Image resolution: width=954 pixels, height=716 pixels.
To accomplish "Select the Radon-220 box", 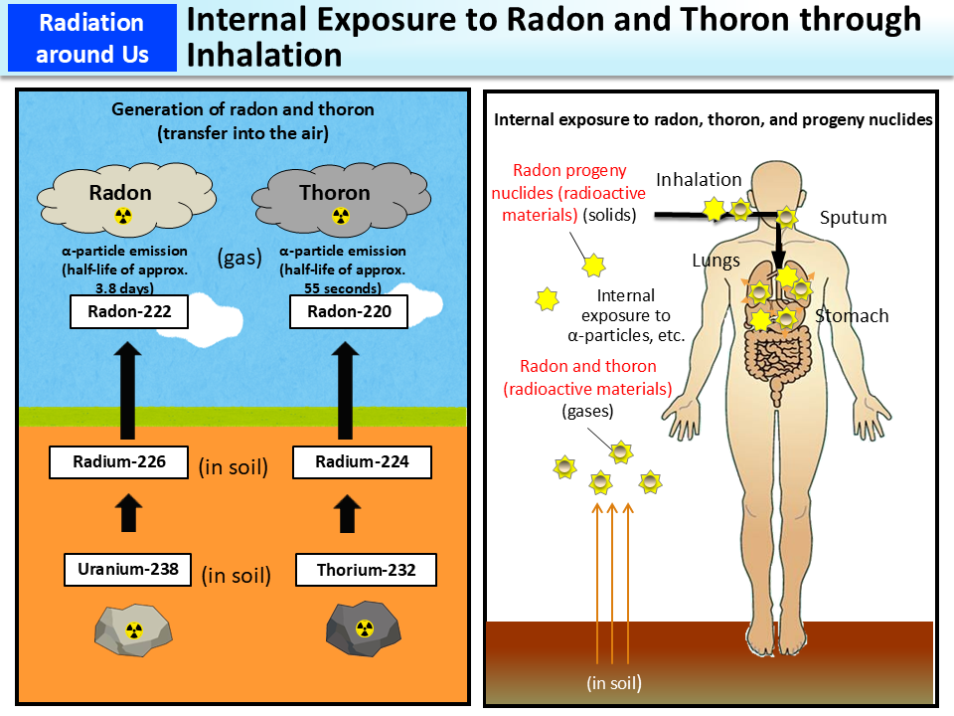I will [x=349, y=312].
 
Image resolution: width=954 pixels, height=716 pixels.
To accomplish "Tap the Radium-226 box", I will [x=118, y=461].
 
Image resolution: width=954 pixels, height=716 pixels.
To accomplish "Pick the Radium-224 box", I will [x=348, y=461].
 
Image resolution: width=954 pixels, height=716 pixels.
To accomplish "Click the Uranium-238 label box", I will [x=127, y=570].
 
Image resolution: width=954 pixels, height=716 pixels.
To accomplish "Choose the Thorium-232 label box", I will [x=366, y=570].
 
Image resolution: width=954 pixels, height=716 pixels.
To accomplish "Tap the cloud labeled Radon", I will [x=121, y=199].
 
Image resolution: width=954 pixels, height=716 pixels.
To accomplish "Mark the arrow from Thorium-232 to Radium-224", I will [x=347, y=515].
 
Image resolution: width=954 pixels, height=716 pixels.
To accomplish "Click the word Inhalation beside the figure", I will [x=699, y=180].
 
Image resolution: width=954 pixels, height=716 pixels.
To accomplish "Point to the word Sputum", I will [x=853, y=218].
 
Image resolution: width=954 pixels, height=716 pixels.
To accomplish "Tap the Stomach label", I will [x=852, y=316].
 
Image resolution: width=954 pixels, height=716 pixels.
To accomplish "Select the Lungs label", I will [x=715, y=261].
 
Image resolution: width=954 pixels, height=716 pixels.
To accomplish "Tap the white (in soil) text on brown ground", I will [x=613, y=683].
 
